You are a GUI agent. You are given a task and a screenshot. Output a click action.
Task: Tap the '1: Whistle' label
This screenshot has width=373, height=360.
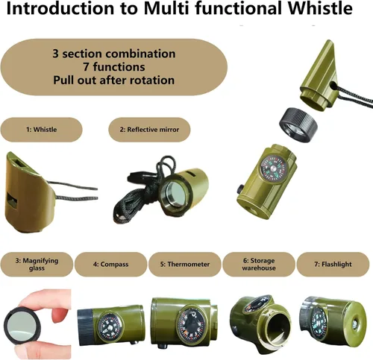tap(42, 130)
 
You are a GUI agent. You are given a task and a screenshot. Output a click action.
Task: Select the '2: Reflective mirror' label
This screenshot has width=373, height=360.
tap(149, 130)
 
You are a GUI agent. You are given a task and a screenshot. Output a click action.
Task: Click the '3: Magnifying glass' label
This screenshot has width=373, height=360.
tap(37, 265)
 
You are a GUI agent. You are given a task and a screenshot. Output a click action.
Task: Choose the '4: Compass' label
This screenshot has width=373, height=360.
tap(111, 265)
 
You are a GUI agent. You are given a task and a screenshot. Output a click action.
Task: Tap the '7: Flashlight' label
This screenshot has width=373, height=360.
tap(333, 265)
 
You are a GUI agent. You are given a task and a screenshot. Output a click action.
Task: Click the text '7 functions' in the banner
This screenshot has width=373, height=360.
tap(114, 67)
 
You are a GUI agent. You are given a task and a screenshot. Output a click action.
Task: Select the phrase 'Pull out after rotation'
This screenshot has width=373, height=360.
tap(114, 80)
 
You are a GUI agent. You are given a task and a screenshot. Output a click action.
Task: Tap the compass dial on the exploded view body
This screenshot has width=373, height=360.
tap(272, 168)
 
